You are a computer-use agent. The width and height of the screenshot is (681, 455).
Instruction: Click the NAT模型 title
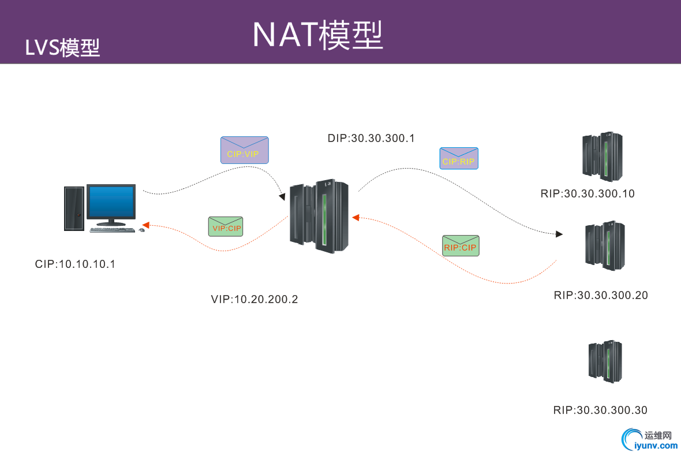tap(317, 35)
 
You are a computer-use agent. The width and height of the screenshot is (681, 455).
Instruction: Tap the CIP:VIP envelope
tap(244, 150)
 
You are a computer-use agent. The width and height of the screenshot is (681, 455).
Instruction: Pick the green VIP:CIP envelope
tap(226, 226)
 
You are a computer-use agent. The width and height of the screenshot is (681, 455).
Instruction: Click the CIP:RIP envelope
tap(459, 158)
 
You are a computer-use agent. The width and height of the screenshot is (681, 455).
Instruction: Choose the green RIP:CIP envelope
tap(461, 246)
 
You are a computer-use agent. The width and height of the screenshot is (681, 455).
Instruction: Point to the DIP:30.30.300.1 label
tap(371, 139)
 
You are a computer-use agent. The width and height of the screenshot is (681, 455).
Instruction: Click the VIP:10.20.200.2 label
tap(255, 300)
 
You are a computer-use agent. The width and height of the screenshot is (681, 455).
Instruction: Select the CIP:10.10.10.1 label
tap(76, 264)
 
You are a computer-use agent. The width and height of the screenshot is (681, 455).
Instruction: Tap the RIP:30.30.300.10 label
tap(588, 194)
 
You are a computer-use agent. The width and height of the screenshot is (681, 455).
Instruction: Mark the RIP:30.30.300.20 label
tap(601, 296)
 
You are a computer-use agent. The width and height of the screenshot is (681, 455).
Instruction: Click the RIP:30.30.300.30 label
tap(600, 411)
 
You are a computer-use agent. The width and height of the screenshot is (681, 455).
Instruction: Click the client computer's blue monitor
tap(111, 202)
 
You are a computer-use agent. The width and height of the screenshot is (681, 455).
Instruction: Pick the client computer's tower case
tap(74, 208)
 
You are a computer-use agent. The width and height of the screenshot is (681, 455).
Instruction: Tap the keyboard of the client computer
tap(113, 230)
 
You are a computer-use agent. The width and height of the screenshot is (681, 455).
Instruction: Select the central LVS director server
tap(319, 215)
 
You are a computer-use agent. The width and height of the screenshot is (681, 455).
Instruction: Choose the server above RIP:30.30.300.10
tap(602, 157)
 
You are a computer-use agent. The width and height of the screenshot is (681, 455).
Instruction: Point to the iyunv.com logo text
tap(656, 445)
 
